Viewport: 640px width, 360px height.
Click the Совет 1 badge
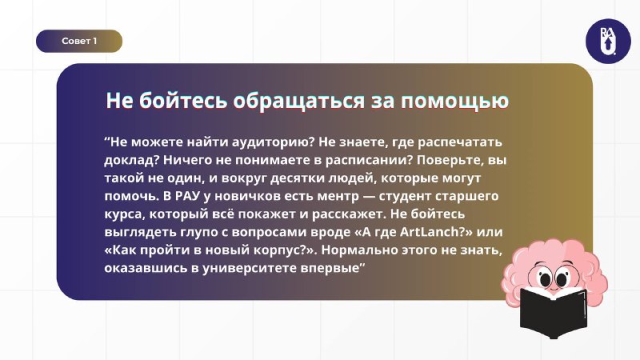79,41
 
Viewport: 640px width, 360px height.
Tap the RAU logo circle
608,42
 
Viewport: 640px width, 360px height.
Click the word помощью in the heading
454,102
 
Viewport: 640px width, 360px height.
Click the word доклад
129,159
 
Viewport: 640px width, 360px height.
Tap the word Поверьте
450,161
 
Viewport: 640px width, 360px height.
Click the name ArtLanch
429,232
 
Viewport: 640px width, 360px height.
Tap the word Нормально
358,250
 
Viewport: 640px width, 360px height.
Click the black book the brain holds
554,311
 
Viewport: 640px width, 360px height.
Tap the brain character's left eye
545,279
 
